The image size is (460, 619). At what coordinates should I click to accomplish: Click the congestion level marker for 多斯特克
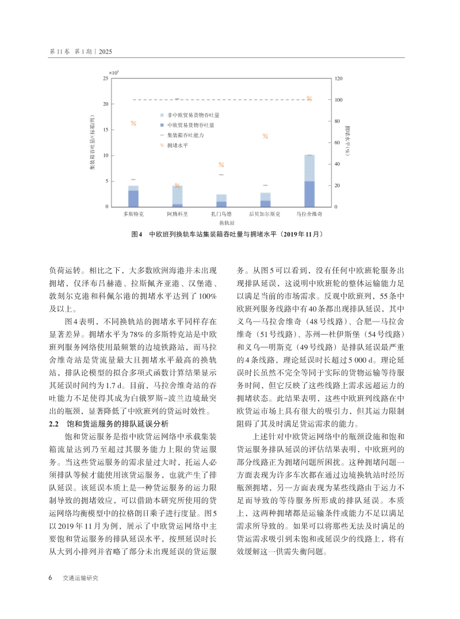133,123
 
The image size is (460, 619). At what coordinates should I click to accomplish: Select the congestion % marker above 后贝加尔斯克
266,136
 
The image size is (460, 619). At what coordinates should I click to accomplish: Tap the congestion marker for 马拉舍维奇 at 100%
309,99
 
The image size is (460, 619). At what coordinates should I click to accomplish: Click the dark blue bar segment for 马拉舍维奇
309,194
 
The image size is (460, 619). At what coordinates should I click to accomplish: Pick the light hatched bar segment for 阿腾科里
177,195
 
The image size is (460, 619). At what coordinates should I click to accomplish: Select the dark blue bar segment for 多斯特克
133,198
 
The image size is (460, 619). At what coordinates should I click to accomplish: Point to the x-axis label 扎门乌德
221,214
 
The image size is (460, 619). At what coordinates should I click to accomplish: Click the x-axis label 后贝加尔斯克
265,214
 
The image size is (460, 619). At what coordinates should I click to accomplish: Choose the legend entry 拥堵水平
178,145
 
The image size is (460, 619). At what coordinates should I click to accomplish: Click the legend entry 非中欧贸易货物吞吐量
190,115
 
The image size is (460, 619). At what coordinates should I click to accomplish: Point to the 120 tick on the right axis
338,78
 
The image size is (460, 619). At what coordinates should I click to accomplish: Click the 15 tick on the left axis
104,130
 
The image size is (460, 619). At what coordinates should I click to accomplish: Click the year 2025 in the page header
105,52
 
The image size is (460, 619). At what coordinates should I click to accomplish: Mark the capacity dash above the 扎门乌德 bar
221,175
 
